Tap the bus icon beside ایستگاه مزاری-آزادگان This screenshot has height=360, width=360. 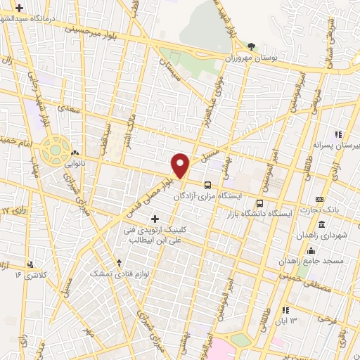(x=207, y=185)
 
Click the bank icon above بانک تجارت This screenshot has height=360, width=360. (x=320, y=200)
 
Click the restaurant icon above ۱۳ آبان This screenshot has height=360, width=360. (x=285, y=310)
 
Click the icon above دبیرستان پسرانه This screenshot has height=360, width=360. (x=338, y=134)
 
